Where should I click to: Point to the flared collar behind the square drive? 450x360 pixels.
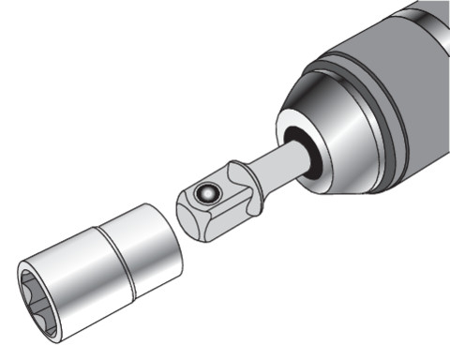245,178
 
